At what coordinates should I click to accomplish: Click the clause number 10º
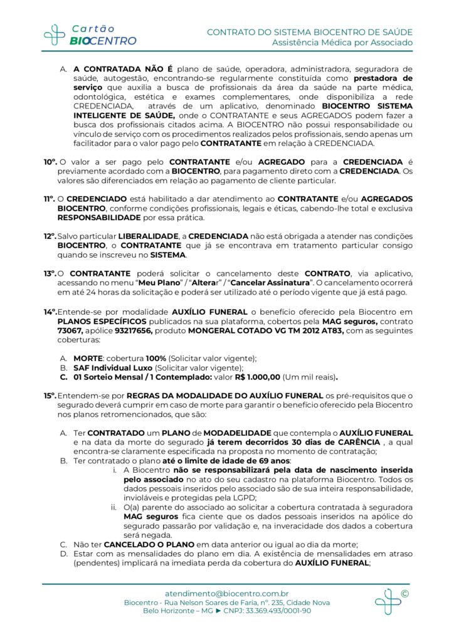point(50,162)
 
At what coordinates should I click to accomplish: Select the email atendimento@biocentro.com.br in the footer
point(226,593)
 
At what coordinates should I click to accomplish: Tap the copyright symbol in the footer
point(404,593)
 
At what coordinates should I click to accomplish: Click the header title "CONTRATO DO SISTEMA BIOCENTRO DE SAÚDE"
point(310,31)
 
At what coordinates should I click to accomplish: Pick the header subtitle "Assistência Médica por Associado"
point(342,43)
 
